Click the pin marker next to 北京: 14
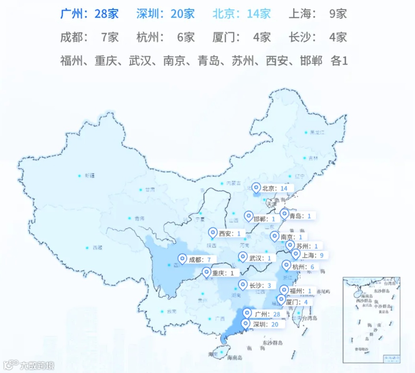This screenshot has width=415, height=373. click(x=257, y=188)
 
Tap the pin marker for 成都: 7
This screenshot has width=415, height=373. click(x=182, y=259)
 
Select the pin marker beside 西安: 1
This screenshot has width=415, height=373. click(x=213, y=233)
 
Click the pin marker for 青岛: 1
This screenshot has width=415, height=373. click(x=284, y=214)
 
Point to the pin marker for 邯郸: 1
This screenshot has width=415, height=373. click(x=249, y=216)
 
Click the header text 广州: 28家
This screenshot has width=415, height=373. click(x=90, y=14)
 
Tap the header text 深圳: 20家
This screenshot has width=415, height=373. click(x=165, y=14)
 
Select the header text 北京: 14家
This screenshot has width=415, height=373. click(x=242, y=14)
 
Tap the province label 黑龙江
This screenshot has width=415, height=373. click(x=317, y=132)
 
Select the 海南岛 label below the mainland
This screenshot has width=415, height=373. click(x=235, y=358)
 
